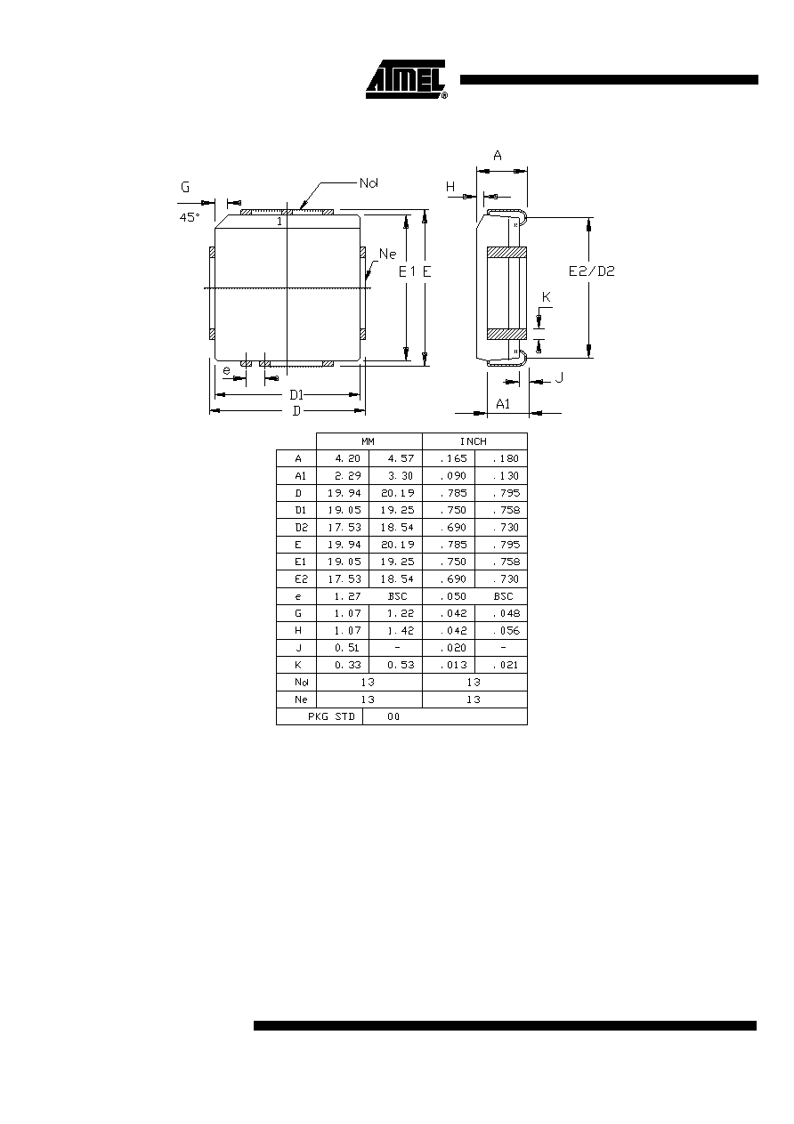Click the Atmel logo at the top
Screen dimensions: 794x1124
tap(407, 79)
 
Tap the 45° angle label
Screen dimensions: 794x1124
tap(190, 217)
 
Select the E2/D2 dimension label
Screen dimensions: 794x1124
tap(591, 271)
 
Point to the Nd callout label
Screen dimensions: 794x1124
tap(369, 183)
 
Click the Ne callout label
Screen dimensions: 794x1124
tap(387, 254)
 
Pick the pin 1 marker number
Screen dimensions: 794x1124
tap(280, 222)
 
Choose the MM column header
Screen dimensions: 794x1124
tap(368, 441)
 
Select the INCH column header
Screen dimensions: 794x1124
tap(474, 441)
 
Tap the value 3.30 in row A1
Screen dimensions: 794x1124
tap(401, 476)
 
